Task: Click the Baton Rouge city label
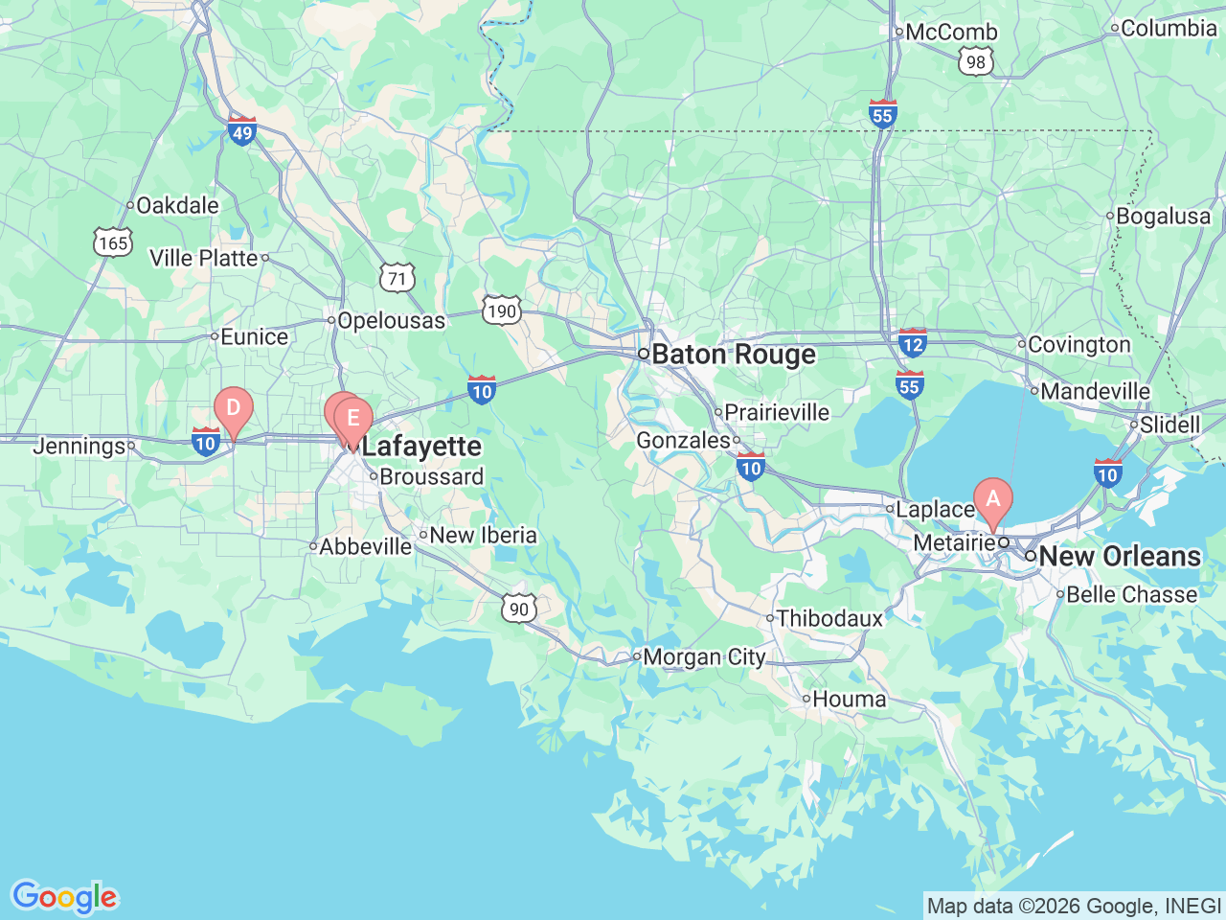point(734,355)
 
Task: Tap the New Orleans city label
point(1119,556)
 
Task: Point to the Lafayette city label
point(421,447)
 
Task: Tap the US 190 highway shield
point(501,310)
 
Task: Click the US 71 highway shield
point(397,279)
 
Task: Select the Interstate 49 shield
point(242,131)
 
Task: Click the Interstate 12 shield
point(912,343)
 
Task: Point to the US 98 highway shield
point(975,62)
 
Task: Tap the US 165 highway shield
point(113,242)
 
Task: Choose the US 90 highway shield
point(518,609)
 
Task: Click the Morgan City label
point(704,657)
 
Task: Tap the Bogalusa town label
point(1163,217)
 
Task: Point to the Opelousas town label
point(391,321)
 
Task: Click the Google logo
point(64,898)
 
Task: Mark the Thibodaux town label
point(829,619)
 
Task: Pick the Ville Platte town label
point(204,258)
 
